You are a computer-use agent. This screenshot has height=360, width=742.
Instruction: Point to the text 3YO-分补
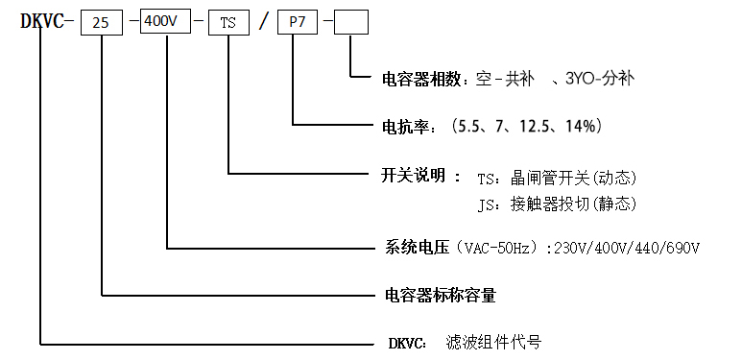tap(601, 78)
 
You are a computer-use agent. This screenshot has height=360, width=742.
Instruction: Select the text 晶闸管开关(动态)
tap(574, 178)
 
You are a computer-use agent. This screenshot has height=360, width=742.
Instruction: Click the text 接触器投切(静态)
tap(574, 204)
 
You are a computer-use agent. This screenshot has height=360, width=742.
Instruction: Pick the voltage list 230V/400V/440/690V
tap(625, 249)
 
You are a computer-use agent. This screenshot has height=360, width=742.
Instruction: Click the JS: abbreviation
tap(490, 204)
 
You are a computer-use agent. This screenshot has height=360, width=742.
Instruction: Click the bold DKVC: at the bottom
tap(407, 342)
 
